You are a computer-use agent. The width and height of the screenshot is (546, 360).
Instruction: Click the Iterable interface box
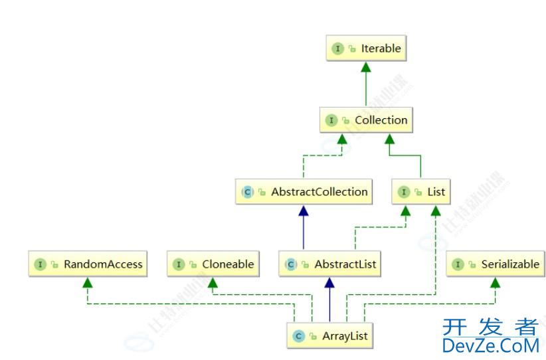[365, 48]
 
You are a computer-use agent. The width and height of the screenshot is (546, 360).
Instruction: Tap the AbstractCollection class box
[304, 192]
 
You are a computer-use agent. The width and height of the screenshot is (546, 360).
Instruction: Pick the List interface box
[420, 192]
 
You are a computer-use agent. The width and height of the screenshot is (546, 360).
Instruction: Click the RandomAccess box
[87, 264]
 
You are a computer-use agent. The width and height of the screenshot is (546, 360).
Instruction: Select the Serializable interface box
[495, 264]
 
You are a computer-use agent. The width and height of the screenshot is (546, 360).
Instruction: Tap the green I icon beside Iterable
[338, 49]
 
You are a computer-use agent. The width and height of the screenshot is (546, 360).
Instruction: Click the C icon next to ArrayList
[299, 337]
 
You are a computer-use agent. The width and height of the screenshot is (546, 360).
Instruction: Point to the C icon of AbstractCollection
[248, 193]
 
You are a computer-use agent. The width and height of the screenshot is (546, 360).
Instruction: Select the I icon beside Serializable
[457, 265]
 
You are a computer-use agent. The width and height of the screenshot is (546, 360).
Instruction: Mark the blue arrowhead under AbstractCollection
[304, 210]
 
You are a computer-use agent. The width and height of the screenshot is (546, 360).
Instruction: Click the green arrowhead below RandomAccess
[87, 282]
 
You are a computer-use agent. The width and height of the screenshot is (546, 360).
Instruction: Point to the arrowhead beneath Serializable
[495, 282]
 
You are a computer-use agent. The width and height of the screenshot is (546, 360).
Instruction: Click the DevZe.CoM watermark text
[490, 346]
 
